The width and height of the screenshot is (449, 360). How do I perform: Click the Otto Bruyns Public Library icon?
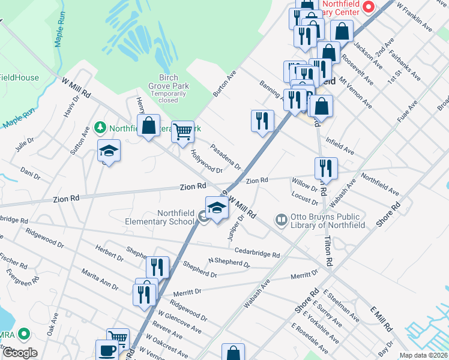point(281,220)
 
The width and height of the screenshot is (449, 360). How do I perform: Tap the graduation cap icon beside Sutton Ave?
point(109,151)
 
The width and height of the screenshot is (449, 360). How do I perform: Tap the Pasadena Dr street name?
point(225,156)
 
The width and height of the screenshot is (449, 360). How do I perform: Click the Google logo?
point(19,353)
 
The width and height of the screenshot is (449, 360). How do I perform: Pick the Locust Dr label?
point(304,199)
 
